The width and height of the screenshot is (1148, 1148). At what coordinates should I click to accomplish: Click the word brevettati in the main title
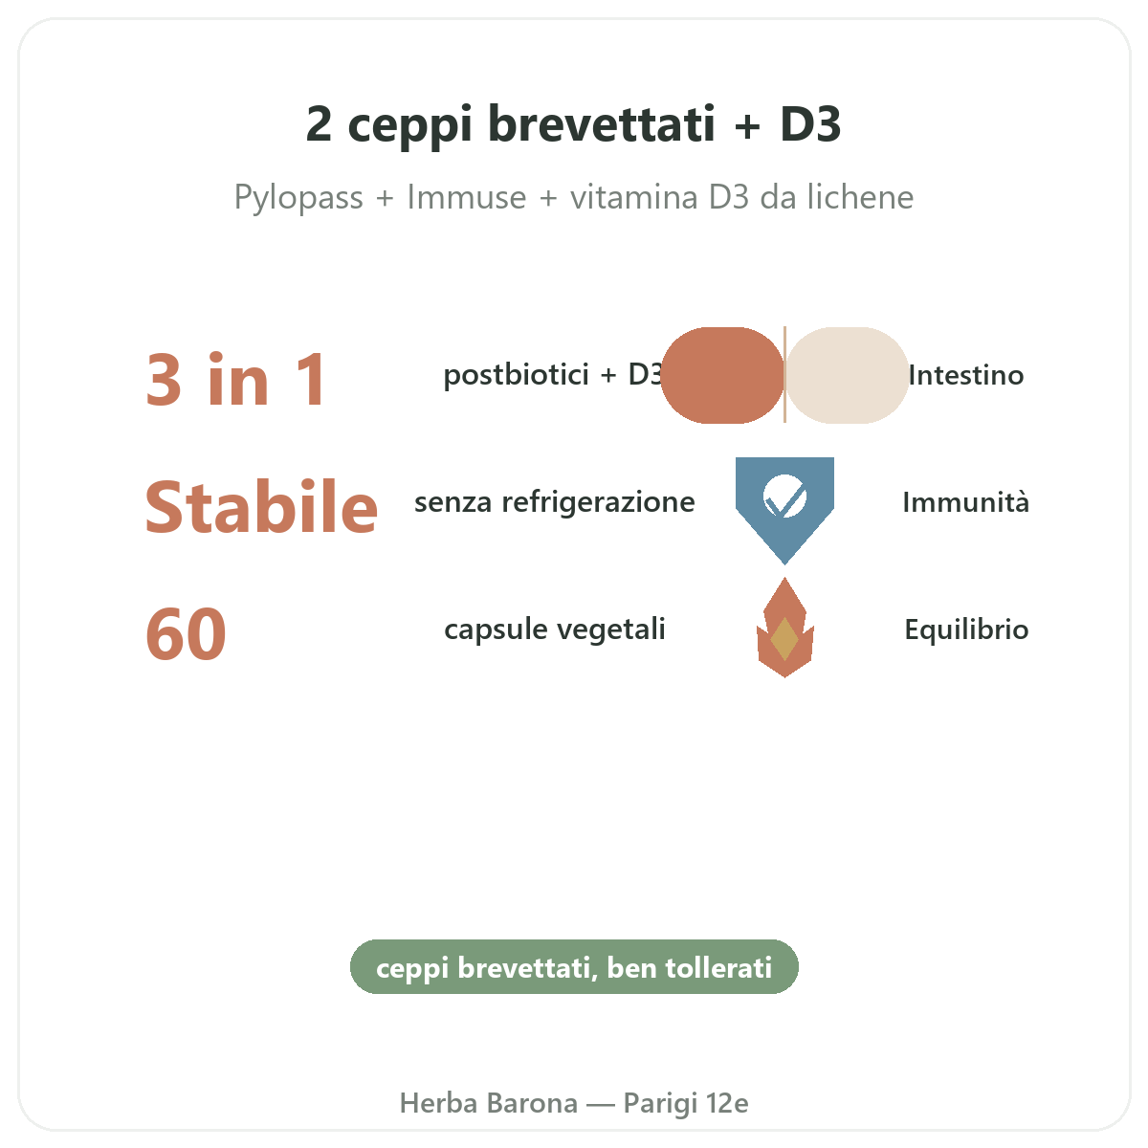[x=601, y=124]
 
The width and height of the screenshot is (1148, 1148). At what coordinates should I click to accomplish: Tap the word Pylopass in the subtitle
[x=298, y=198]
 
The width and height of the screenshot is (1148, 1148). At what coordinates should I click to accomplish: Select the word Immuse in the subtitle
[x=467, y=197]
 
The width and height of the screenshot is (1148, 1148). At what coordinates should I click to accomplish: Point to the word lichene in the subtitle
[x=860, y=197]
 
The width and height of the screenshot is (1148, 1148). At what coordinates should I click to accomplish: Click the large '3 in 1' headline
[x=236, y=380]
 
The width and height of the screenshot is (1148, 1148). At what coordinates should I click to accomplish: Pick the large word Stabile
[x=261, y=506]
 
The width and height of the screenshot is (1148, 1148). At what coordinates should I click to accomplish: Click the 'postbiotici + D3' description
[x=553, y=375]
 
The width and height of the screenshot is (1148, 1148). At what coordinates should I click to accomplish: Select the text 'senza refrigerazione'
[x=555, y=501]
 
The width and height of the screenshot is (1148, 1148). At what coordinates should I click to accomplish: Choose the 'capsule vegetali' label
[x=555, y=629]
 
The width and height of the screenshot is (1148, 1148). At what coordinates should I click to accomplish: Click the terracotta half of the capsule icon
[x=722, y=375]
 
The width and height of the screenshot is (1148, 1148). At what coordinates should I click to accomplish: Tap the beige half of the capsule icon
[x=848, y=375]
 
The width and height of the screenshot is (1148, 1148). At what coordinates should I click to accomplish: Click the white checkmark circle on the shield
[x=784, y=496]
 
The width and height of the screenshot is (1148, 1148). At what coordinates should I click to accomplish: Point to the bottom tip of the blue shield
[x=784, y=563]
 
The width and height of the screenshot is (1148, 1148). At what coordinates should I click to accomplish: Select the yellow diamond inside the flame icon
[x=784, y=639]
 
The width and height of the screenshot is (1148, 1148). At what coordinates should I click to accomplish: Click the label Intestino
[x=966, y=375]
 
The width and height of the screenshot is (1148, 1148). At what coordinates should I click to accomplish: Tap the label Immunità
[x=965, y=501]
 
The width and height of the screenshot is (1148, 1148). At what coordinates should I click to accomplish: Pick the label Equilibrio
[x=966, y=629]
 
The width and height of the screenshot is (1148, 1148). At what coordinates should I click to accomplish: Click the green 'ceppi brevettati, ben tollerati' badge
[x=574, y=967]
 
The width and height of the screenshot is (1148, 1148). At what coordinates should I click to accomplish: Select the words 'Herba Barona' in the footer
[x=489, y=1103]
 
